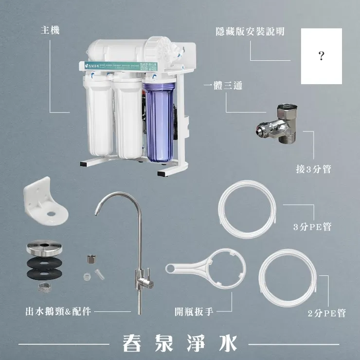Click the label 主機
point(50,31)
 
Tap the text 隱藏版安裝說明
point(250,31)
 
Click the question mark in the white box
point(322,56)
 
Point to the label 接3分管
point(313,169)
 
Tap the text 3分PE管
point(312,227)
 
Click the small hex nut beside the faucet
point(90,258)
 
